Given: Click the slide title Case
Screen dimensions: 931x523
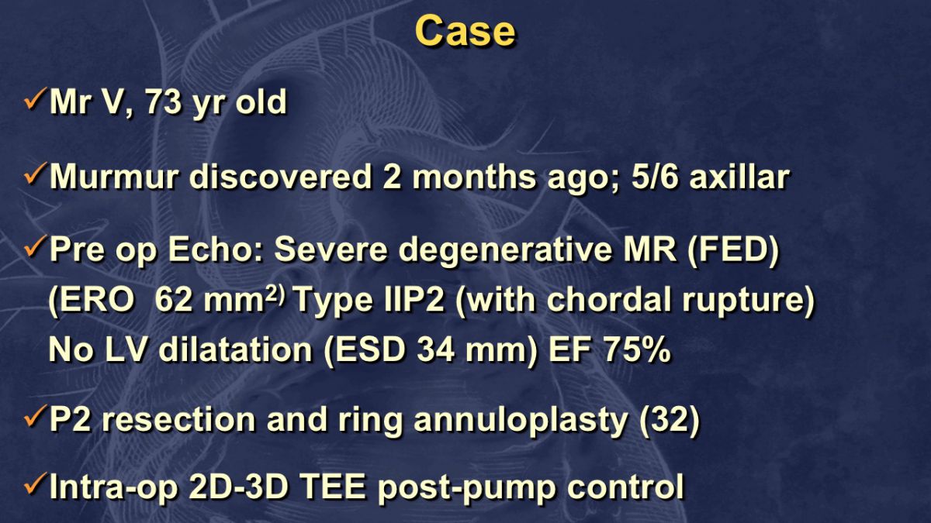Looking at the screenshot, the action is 465,31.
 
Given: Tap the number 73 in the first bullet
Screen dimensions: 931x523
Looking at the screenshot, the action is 162,102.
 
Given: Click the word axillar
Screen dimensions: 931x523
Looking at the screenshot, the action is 740,177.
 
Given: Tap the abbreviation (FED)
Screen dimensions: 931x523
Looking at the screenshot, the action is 734,250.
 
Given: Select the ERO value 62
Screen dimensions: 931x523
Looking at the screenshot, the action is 173,300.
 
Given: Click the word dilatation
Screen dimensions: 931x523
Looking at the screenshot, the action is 236,350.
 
